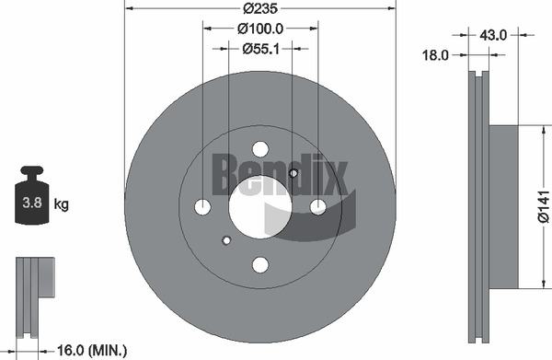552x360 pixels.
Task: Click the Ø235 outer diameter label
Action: pyautogui.click(x=260, y=8)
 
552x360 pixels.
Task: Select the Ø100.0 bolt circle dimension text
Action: pyautogui.click(x=260, y=29)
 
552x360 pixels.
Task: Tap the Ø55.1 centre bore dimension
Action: pyautogui.click(x=261, y=49)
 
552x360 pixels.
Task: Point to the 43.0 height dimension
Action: pyautogui.click(x=493, y=35)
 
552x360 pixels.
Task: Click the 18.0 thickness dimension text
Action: pyautogui.click(x=435, y=55)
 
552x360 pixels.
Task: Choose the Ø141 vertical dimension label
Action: pyautogui.click(x=544, y=206)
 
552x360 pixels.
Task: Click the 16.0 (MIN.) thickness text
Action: pyautogui.click(x=92, y=351)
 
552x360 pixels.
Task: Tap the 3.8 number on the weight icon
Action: pyautogui.click(x=32, y=203)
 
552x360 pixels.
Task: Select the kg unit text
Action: pyautogui.click(x=62, y=204)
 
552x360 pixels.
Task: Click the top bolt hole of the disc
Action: pyautogui.click(x=260, y=148)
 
